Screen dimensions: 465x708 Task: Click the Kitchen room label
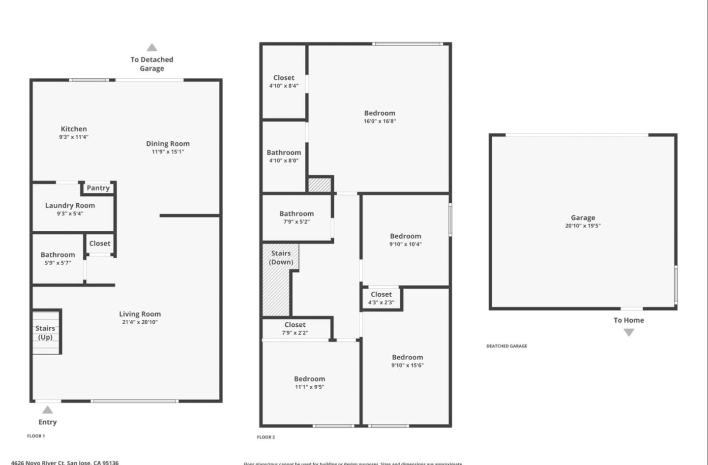pos(74,129)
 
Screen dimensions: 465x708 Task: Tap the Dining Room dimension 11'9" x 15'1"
pos(168,152)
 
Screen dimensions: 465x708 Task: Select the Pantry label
pos(98,188)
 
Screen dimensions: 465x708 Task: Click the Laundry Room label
pos(70,206)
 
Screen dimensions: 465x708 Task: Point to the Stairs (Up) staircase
pos(46,332)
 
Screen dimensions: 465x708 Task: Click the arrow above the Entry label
pos(47,410)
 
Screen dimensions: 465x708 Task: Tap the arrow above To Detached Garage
pos(152,48)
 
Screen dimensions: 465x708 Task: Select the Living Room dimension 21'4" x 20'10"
pos(140,322)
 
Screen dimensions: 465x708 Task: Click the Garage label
pos(583,217)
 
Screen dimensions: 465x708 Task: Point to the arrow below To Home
pos(628,333)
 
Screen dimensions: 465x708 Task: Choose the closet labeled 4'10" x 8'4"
pos(284,81)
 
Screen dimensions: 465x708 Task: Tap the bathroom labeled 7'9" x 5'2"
pos(296,217)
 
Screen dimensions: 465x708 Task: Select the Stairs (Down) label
pos(281,257)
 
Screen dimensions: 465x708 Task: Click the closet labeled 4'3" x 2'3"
pos(382,298)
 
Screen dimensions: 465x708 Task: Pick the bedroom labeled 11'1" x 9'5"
pos(309,382)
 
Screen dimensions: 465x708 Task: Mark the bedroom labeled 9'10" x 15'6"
pos(407,361)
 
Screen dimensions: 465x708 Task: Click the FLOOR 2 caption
pos(266,437)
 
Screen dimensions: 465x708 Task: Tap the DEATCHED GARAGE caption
pos(506,346)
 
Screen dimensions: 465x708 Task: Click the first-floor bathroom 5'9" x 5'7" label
pos(58,258)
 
